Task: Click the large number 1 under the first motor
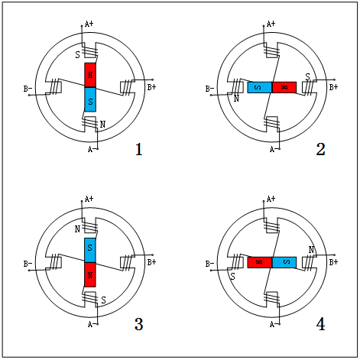pyautogui.click(x=138, y=149)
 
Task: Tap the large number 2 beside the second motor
pyautogui.click(x=320, y=149)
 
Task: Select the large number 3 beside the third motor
pyautogui.click(x=139, y=324)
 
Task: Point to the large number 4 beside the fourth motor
pyautogui.click(x=320, y=324)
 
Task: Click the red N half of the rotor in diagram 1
pyautogui.click(x=90, y=75)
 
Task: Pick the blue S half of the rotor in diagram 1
pyautogui.click(x=90, y=99)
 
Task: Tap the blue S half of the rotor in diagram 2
pyautogui.click(x=260, y=87)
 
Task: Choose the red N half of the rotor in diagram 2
pyautogui.click(x=284, y=87)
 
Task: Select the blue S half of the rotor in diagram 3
pyautogui.click(x=90, y=250)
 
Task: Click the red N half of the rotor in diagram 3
pyautogui.click(x=90, y=274)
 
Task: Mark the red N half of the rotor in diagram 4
pyautogui.click(x=260, y=262)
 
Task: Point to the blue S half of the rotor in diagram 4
pyautogui.click(x=284, y=262)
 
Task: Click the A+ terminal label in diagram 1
pyautogui.click(x=89, y=24)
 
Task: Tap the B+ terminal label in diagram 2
pyautogui.click(x=333, y=87)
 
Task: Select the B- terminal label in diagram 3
pyautogui.click(x=28, y=264)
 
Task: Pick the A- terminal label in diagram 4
pyautogui.click(x=274, y=324)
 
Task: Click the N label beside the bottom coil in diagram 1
pyautogui.click(x=102, y=125)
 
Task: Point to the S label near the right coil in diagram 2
pyautogui.click(x=308, y=76)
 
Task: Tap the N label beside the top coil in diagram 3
pyautogui.click(x=77, y=229)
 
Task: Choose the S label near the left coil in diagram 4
pyautogui.click(x=232, y=277)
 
